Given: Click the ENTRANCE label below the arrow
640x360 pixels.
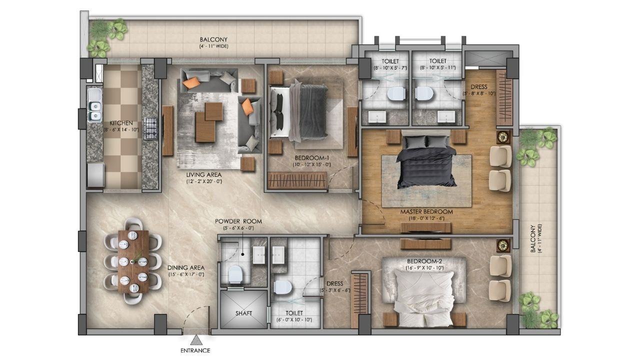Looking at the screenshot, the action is pos(195,350).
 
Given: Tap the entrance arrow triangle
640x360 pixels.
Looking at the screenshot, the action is pos(196,340).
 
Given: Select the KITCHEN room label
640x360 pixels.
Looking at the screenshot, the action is pos(121,123).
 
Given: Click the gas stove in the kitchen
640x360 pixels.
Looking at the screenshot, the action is pos(150,128).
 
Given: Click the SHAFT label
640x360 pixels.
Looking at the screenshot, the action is pos(243,313).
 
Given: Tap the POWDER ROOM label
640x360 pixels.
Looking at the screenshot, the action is pos(238,221).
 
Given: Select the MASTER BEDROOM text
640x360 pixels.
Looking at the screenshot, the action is pos(426,212).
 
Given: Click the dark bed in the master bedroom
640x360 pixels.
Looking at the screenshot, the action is pos(426,161).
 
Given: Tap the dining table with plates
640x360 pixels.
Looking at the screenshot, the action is pos(133,261).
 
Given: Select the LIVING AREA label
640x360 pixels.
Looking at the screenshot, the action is pos(203,174).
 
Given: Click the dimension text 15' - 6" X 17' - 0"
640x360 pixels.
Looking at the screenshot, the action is pos(185,274).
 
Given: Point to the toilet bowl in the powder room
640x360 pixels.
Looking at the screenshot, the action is pos(235,274).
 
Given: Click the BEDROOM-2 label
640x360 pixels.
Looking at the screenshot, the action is pos(424,261).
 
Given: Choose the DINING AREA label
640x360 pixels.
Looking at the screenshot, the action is pos(186,268).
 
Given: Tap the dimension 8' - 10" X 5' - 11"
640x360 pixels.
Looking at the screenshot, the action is pos(437,67).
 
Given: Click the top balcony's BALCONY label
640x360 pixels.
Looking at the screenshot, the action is pos(213,39).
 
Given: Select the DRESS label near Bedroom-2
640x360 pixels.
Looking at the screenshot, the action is pos(334,283).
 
